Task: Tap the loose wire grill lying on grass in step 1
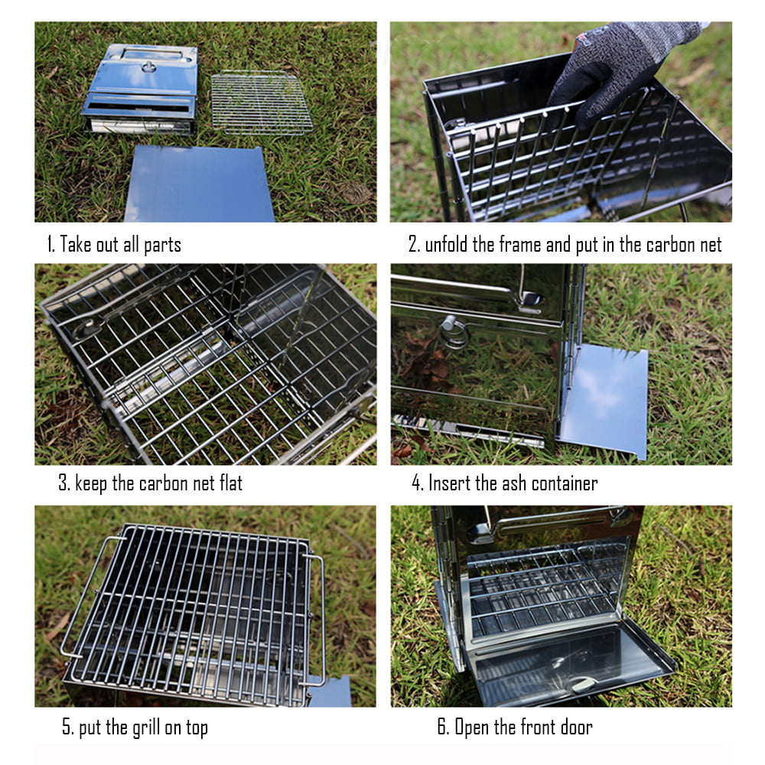(262, 103)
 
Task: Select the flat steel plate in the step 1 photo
(199, 184)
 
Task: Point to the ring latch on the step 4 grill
(453, 333)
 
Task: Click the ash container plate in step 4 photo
(604, 400)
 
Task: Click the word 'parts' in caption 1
(162, 245)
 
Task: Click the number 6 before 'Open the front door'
(442, 727)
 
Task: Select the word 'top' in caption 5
(197, 728)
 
